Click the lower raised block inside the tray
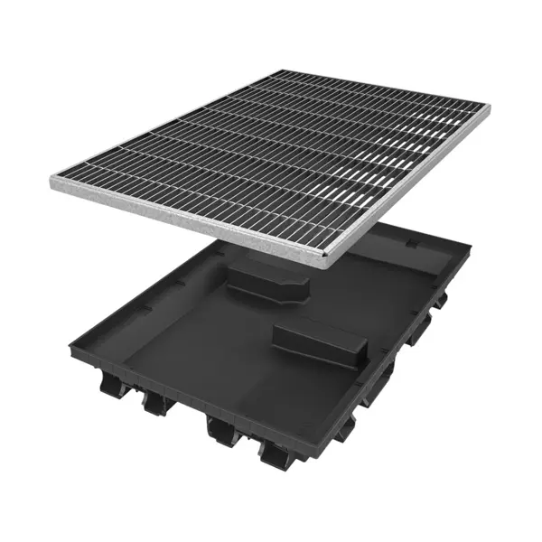pyautogui.click(x=321, y=342)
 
